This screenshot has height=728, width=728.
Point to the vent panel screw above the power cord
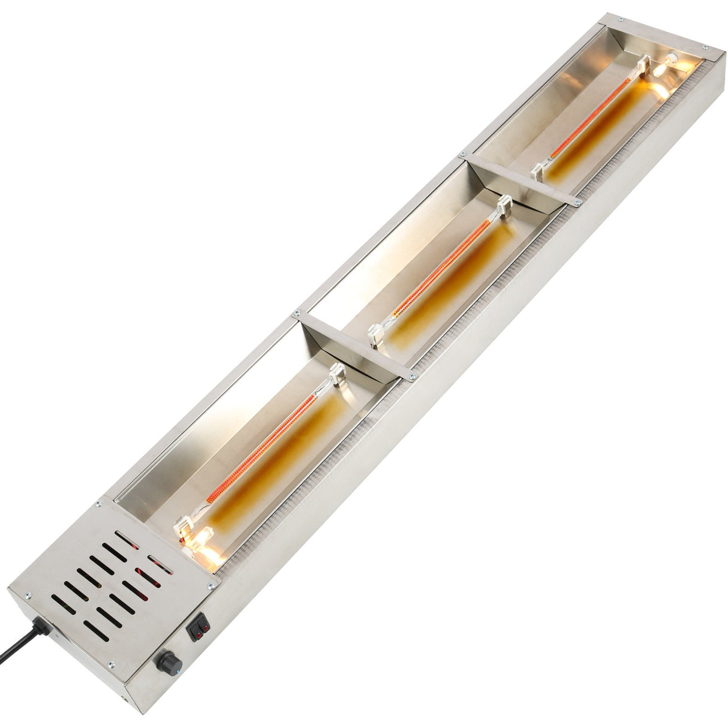tap(27, 595)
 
